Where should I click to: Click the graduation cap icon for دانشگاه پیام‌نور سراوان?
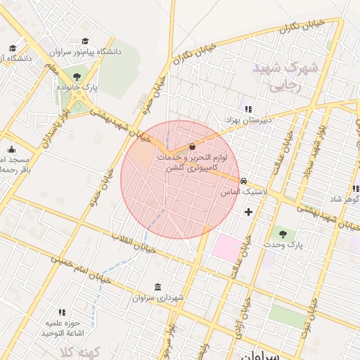pyautogui.click(x=86, y=41)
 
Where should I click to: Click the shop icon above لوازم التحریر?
pyautogui.click(x=193, y=147)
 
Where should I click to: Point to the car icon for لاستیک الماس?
pyautogui.click(x=243, y=181)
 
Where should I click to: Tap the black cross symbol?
pyautogui.click(x=248, y=212)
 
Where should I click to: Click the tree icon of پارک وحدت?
pyautogui.click(x=283, y=233)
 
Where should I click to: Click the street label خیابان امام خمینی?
pyautogui.click(x=77, y=268)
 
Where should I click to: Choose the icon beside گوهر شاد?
pyautogui.click(x=356, y=189)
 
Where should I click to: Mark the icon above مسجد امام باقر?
pyautogui.click(x=11, y=150)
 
